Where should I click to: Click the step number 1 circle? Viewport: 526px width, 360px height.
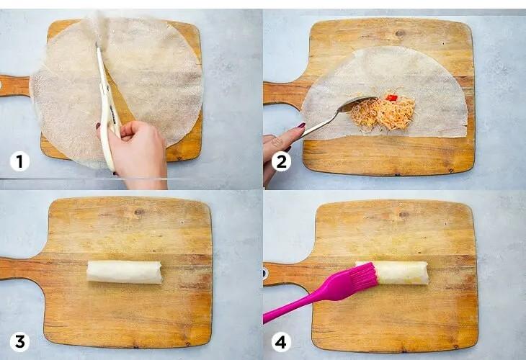click(19, 161)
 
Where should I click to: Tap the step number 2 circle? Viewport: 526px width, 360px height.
click(281, 161)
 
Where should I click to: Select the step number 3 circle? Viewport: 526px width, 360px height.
click(19, 342)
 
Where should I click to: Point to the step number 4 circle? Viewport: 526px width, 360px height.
click(281, 342)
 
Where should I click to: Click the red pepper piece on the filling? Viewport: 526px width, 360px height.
click(391, 98)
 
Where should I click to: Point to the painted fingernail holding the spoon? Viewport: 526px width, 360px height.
click(301, 126)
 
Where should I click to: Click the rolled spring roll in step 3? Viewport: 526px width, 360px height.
click(124, 272)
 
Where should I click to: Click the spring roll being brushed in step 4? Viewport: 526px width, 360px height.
click(401, 273)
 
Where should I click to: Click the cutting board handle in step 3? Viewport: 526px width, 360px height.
click(22, 268)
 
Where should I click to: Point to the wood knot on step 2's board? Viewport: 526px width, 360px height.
click(399, 33)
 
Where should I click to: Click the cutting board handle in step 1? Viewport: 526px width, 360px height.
click(16, 86)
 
